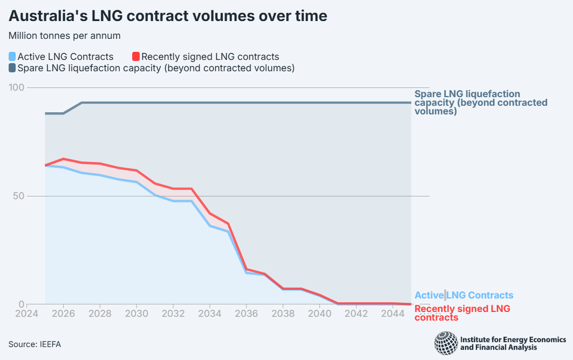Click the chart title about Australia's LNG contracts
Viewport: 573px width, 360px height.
[x=168, y=16]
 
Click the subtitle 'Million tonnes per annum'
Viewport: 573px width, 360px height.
[x=64, y=36]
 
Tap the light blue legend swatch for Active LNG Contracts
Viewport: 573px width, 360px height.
[x=12, y=56]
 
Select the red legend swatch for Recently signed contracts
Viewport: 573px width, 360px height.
[x=137, y=56]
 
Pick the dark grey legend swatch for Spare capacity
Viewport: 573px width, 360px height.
[x=12, y=68]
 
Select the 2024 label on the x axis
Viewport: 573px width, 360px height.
[x=27, y=314]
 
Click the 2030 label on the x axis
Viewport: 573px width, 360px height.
[x=137, y=314]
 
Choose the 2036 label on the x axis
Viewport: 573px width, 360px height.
[x=246, y=314]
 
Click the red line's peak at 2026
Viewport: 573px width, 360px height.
[x=63, y=159]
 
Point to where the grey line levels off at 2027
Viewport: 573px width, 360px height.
[x=81, y=103]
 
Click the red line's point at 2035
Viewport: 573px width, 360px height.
[x=228, y=223]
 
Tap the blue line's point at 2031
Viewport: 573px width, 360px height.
[x=155, y=194]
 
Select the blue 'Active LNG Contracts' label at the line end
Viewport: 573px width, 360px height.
[x=463, y=295]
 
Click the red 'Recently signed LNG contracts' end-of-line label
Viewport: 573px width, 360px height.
[x=462, y=313]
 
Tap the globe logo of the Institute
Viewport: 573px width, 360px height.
[x=445, y=343]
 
